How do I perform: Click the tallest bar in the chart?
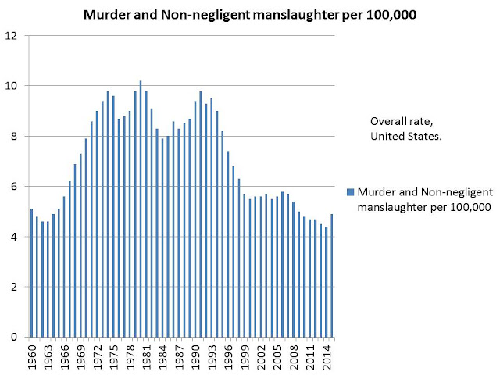(x=141, y=209)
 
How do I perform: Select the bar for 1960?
(x=31, y=273)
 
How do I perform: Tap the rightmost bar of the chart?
(x=331, y=276)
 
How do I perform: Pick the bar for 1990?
(x=195, y=219)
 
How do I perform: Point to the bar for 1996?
(x=228, y=244)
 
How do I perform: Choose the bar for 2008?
(x=294, y=269)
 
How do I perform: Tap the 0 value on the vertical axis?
(x=14, y=337)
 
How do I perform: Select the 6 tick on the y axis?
(x=14, y=186)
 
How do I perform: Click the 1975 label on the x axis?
(x=113, y=357)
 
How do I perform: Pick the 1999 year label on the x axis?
(x=245, y=357)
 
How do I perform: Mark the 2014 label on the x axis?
(x=327, y=357)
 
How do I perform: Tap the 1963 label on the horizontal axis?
(x=48, y=357)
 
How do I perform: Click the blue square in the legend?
(x=351, y=192)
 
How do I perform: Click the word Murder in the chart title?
(x=107, y=15)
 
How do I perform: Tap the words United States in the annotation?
(x=406, y=137)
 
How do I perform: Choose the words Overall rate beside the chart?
(x=402, y=121)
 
